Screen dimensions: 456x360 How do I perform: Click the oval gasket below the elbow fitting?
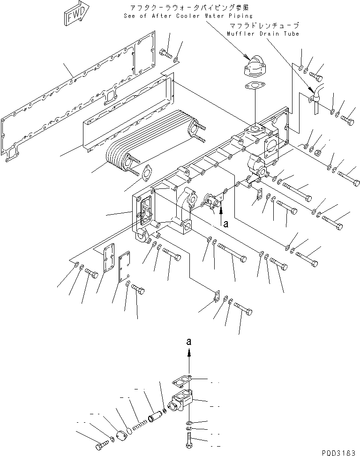click(x=254, y=87)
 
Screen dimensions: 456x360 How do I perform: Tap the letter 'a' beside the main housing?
click(x=225, y=224)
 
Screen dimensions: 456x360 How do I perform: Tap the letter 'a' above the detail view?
click(x=189, y=342)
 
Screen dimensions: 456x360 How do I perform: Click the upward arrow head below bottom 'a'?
click(x=189, y=355)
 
